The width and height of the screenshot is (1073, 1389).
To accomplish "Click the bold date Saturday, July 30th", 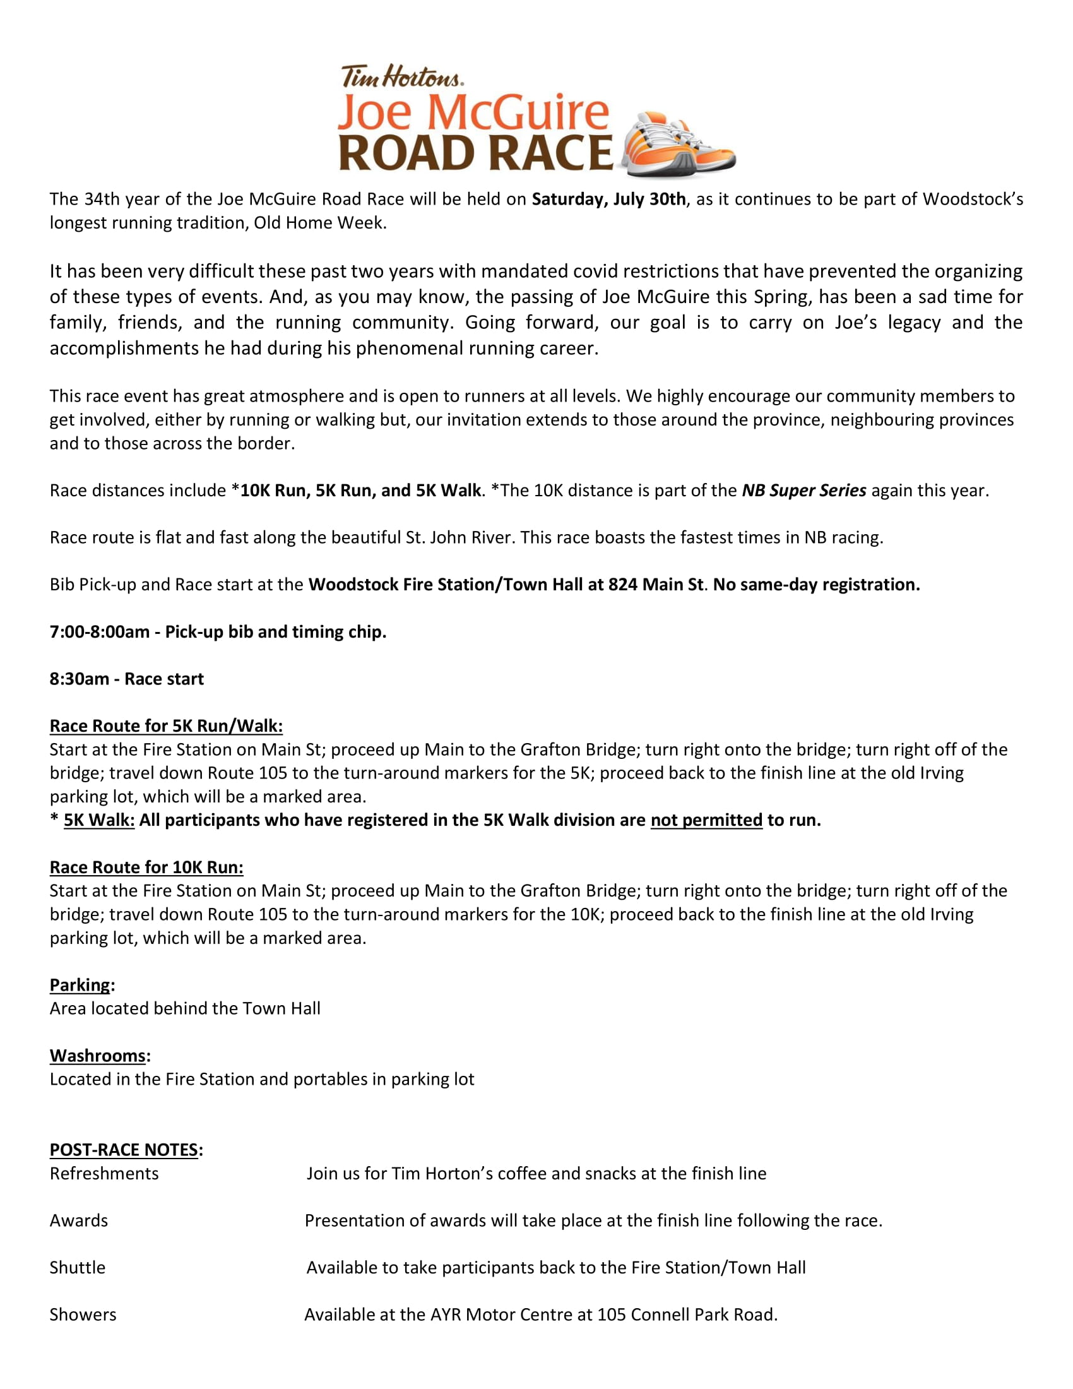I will point(608,200).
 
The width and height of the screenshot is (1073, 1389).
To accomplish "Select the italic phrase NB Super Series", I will point(803,491).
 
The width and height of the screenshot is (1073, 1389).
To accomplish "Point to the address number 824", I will point(622,585).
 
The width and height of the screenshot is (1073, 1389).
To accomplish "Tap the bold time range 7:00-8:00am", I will point(99,632).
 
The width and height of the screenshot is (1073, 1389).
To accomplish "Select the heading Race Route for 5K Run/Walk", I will point(166,726).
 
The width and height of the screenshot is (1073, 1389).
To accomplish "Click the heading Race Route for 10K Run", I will point(146,867).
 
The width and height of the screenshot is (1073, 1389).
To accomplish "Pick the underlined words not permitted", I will point(706,820).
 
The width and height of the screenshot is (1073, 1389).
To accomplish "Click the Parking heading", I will point(80,985).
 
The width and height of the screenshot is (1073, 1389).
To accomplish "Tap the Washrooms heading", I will point(98,1056).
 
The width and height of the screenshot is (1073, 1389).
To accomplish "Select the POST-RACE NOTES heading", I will point(124,1150).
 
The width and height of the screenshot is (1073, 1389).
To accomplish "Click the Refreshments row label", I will point(104,1174).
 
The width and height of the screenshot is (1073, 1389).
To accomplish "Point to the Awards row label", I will point(79,1220).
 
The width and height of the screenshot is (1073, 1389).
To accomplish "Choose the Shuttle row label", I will point(78,1268).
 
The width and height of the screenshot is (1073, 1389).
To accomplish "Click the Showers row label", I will point(83,1314).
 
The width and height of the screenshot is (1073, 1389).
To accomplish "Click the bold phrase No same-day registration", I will point(816,585).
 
